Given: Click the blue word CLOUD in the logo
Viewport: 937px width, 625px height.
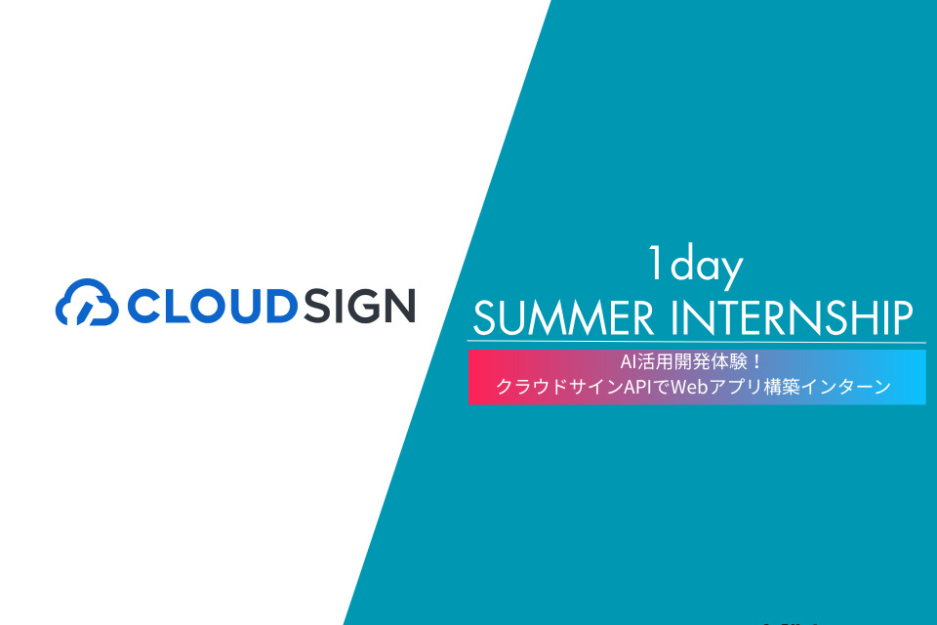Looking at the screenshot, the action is tap(213, 306).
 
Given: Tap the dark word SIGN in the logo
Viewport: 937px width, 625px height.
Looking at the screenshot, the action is tap(359, 306).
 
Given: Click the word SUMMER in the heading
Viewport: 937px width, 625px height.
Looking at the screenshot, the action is tap(563, 317).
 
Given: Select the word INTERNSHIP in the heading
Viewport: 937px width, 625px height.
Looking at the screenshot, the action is tap(793, 317).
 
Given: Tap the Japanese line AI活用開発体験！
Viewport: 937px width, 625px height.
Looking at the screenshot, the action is tap(691, 362).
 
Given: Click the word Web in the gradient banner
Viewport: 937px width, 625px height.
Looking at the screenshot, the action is tap(689, 387).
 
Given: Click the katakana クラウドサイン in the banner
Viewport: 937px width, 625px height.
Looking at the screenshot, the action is tap(559, 387).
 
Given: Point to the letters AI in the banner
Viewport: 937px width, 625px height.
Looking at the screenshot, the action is tap(628, 362).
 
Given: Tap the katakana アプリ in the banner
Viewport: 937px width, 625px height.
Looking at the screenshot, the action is tap(736, 387).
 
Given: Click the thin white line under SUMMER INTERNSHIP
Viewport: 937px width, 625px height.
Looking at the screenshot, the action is tap(696, 342).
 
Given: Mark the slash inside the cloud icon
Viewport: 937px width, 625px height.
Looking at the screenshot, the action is tap(86, 312).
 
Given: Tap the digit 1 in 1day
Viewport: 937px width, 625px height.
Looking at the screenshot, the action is tap(656, 263).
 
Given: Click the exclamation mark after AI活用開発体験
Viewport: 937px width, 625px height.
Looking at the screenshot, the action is tap(756, 362).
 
